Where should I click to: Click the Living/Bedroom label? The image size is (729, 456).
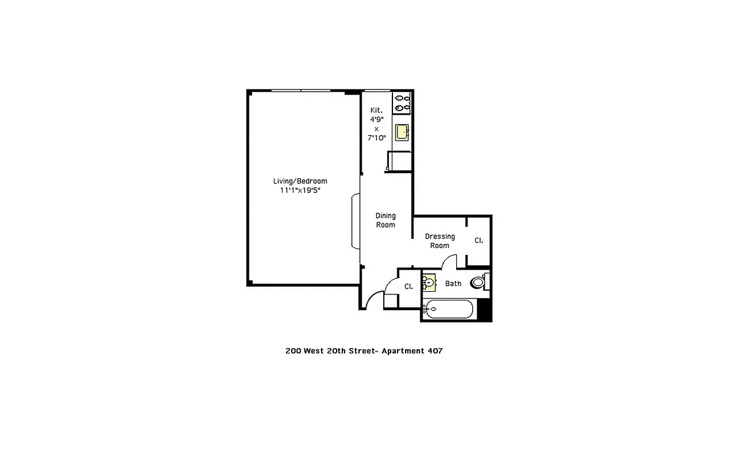[x=300, y=181]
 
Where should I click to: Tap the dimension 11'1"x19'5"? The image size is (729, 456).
[x=300, y=191]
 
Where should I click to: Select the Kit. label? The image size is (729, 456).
[x=376, y=110]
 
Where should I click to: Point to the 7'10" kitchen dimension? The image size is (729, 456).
[x=376, y=138]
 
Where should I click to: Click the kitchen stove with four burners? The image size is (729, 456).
[x=402, y=102]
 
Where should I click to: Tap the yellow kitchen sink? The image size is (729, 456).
[x=403, y=132]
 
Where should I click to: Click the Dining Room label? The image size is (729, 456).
[x=386, y=220]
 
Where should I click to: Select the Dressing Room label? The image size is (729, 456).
[x=440, y=241]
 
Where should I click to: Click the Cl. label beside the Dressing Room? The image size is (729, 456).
[x=478, y=241]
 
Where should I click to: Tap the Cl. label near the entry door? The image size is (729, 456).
[x=408, y=286]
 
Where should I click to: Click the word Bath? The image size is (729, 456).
[x=453, y=283]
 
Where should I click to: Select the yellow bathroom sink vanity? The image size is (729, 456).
[x=429, y=283]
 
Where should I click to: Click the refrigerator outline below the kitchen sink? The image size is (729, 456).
[x=398, y=161]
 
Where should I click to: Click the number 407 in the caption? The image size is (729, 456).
[x=435, y=351]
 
